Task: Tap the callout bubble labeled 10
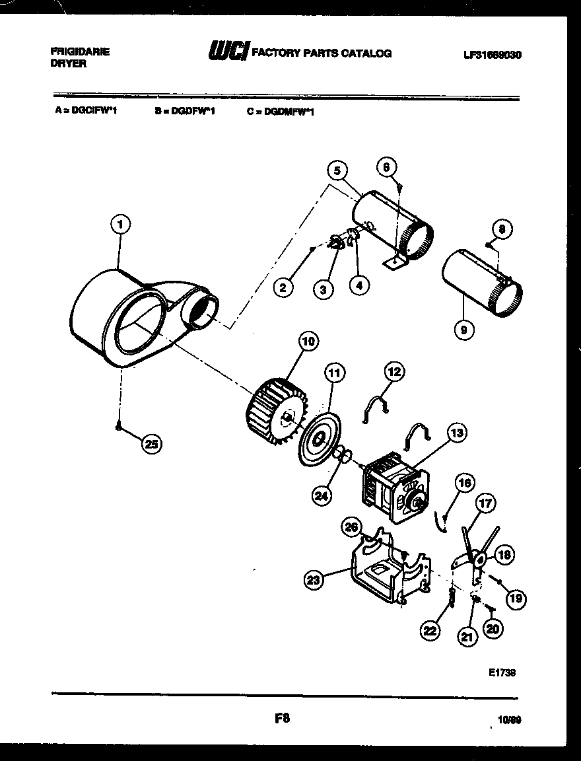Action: click(308, 342)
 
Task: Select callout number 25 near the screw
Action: click(152, 445)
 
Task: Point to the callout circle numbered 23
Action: click(314, 581)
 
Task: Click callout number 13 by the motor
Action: click(456, 433)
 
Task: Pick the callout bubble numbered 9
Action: click(464, 329)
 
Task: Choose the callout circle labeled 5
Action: click(337, 171)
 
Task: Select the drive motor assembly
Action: click(393, 488)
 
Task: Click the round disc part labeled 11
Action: click(320, 437)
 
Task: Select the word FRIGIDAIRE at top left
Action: click(80, 51)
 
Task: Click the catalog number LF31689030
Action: click(492, 55)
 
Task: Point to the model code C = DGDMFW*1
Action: click(281, 112)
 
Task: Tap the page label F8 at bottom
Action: click(283, 718)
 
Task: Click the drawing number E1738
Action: click(502, 672)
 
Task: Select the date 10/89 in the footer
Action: click(510, 720)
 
